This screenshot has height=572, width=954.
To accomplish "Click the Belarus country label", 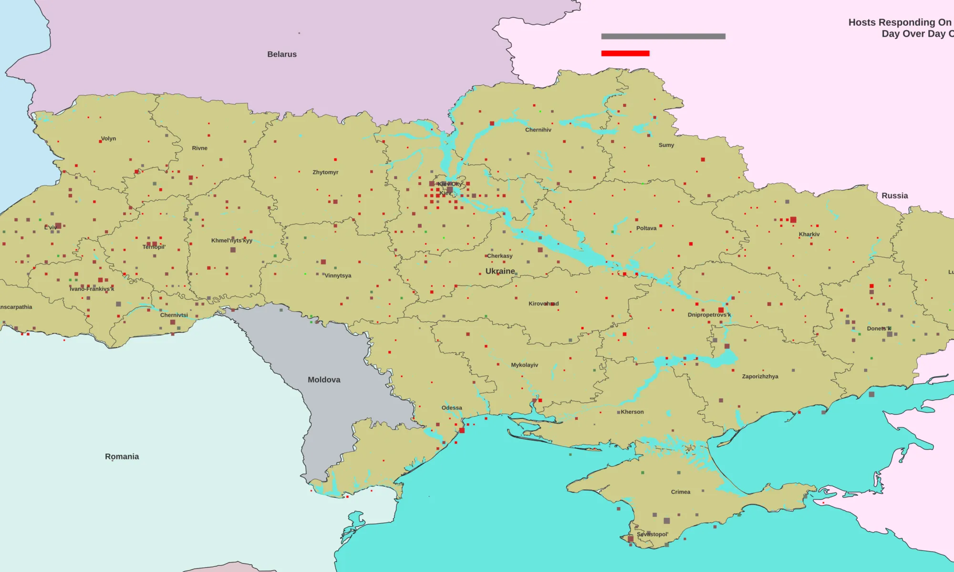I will click(282, 54).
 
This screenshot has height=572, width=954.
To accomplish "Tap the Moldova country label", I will click(324, 380).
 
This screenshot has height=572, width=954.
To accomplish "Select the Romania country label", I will click(122, 457).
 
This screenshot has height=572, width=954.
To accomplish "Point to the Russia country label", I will click(894, 196).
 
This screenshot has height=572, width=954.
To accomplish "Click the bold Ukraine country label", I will click(500, 271).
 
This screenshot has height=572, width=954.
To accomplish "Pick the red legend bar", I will click(625, 53).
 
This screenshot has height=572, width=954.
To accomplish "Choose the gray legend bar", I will click(663, 36).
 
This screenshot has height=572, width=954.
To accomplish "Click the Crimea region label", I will click(680, 492).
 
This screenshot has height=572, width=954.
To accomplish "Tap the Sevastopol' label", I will click(652, 534).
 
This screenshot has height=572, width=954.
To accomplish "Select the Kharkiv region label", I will click(809, 235).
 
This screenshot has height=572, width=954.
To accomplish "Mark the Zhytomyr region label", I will click(325, 173).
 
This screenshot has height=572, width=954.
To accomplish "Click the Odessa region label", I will click(452, 408).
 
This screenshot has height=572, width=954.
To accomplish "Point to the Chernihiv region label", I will click(538, 130).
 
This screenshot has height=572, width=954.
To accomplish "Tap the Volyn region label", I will click(108, 139).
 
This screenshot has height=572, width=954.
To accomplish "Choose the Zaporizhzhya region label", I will click(760, 377).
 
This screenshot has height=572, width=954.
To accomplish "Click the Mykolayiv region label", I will click(524, 365).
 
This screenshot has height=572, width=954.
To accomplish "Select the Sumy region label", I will click(666, 145).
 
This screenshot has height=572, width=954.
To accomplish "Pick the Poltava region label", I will click(646, 228).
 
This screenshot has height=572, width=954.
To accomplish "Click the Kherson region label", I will click(632, 412).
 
